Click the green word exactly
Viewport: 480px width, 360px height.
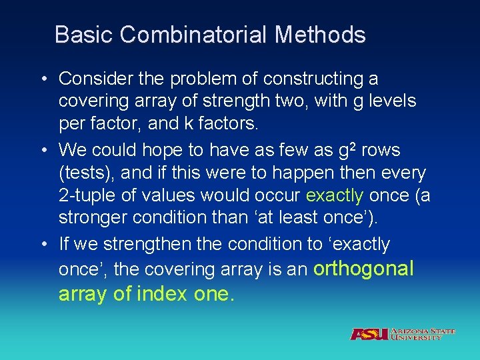335,195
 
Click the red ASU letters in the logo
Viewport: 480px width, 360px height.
369,334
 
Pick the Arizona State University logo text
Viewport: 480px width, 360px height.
423,334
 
